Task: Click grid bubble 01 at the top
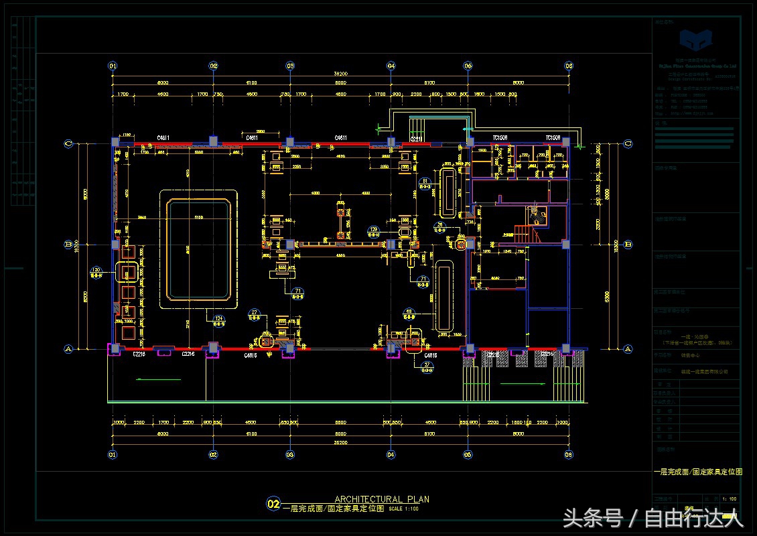[x=113, y=66]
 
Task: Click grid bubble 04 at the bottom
[x=391, y=454]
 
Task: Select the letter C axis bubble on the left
[x=68, y=143]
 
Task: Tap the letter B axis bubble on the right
[x=628, y=245]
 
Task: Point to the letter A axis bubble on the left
[x=68, y=348]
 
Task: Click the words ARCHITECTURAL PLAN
[x=382, y=499]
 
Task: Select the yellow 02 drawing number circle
[x=273, y=504]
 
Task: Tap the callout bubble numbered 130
[x=96, y=271]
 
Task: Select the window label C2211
[x=416, y=138]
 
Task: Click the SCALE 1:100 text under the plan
[x=403, y=509]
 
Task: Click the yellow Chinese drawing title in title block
[x=697, y=472]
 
